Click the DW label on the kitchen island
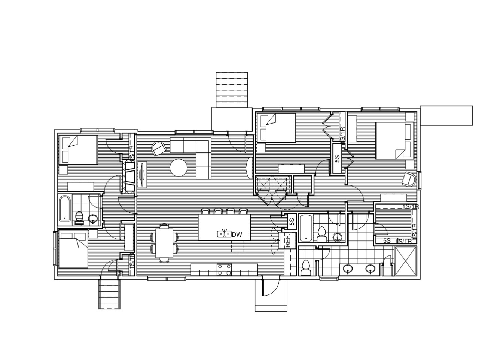tap(237, 235)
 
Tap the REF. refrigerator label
tap(288, 241)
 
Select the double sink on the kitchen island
tap(223, 234)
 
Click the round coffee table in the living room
tap(179, 167)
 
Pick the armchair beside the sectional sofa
tap(159, 149)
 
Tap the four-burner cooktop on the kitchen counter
tap(225, 270)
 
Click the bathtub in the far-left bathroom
tap(64, 209)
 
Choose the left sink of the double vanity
tap(349, 269)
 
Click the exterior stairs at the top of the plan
tap(232, 89)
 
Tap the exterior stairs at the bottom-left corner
tap(109, 294)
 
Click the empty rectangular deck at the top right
tap(446, 115)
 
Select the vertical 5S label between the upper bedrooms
tap(337, 159)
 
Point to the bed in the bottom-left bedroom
tap(74, 249)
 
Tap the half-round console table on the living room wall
tap(249, 167)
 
